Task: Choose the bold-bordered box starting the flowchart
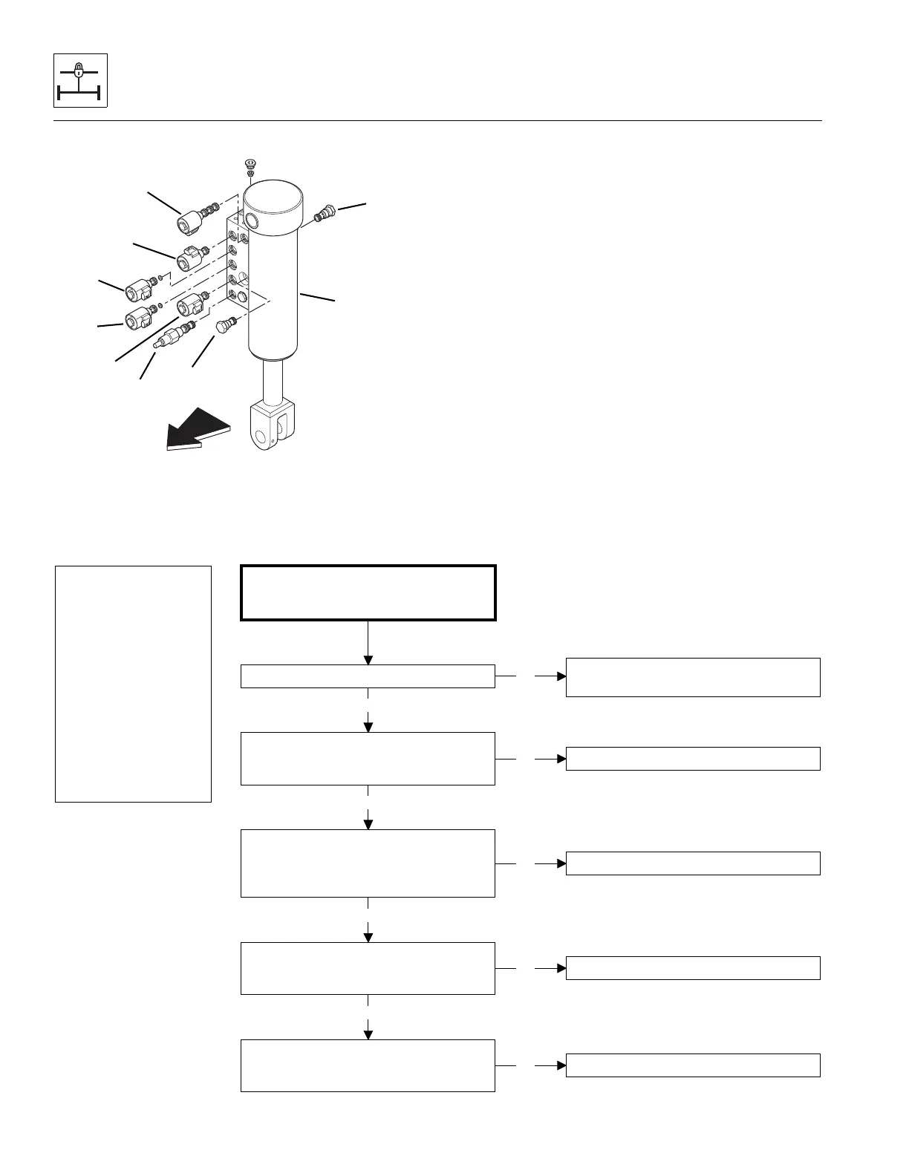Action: coord(368,592)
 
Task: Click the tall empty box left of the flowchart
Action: coord(134,684)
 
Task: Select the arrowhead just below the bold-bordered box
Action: coord(368,660)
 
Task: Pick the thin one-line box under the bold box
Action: coord(368,676)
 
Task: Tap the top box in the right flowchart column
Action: coord(693,677)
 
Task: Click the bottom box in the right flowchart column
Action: coord(693,1065)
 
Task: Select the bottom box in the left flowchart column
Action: coord(368,1065)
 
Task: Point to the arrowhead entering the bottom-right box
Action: coord(561,1065)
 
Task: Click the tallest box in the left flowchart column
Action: coord(368,863)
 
